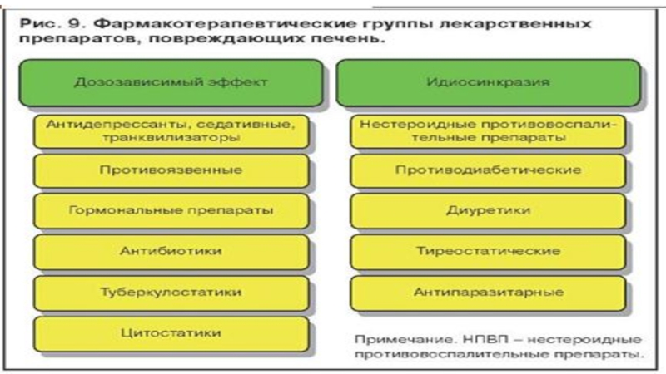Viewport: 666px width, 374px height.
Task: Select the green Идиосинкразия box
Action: [489, 83]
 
